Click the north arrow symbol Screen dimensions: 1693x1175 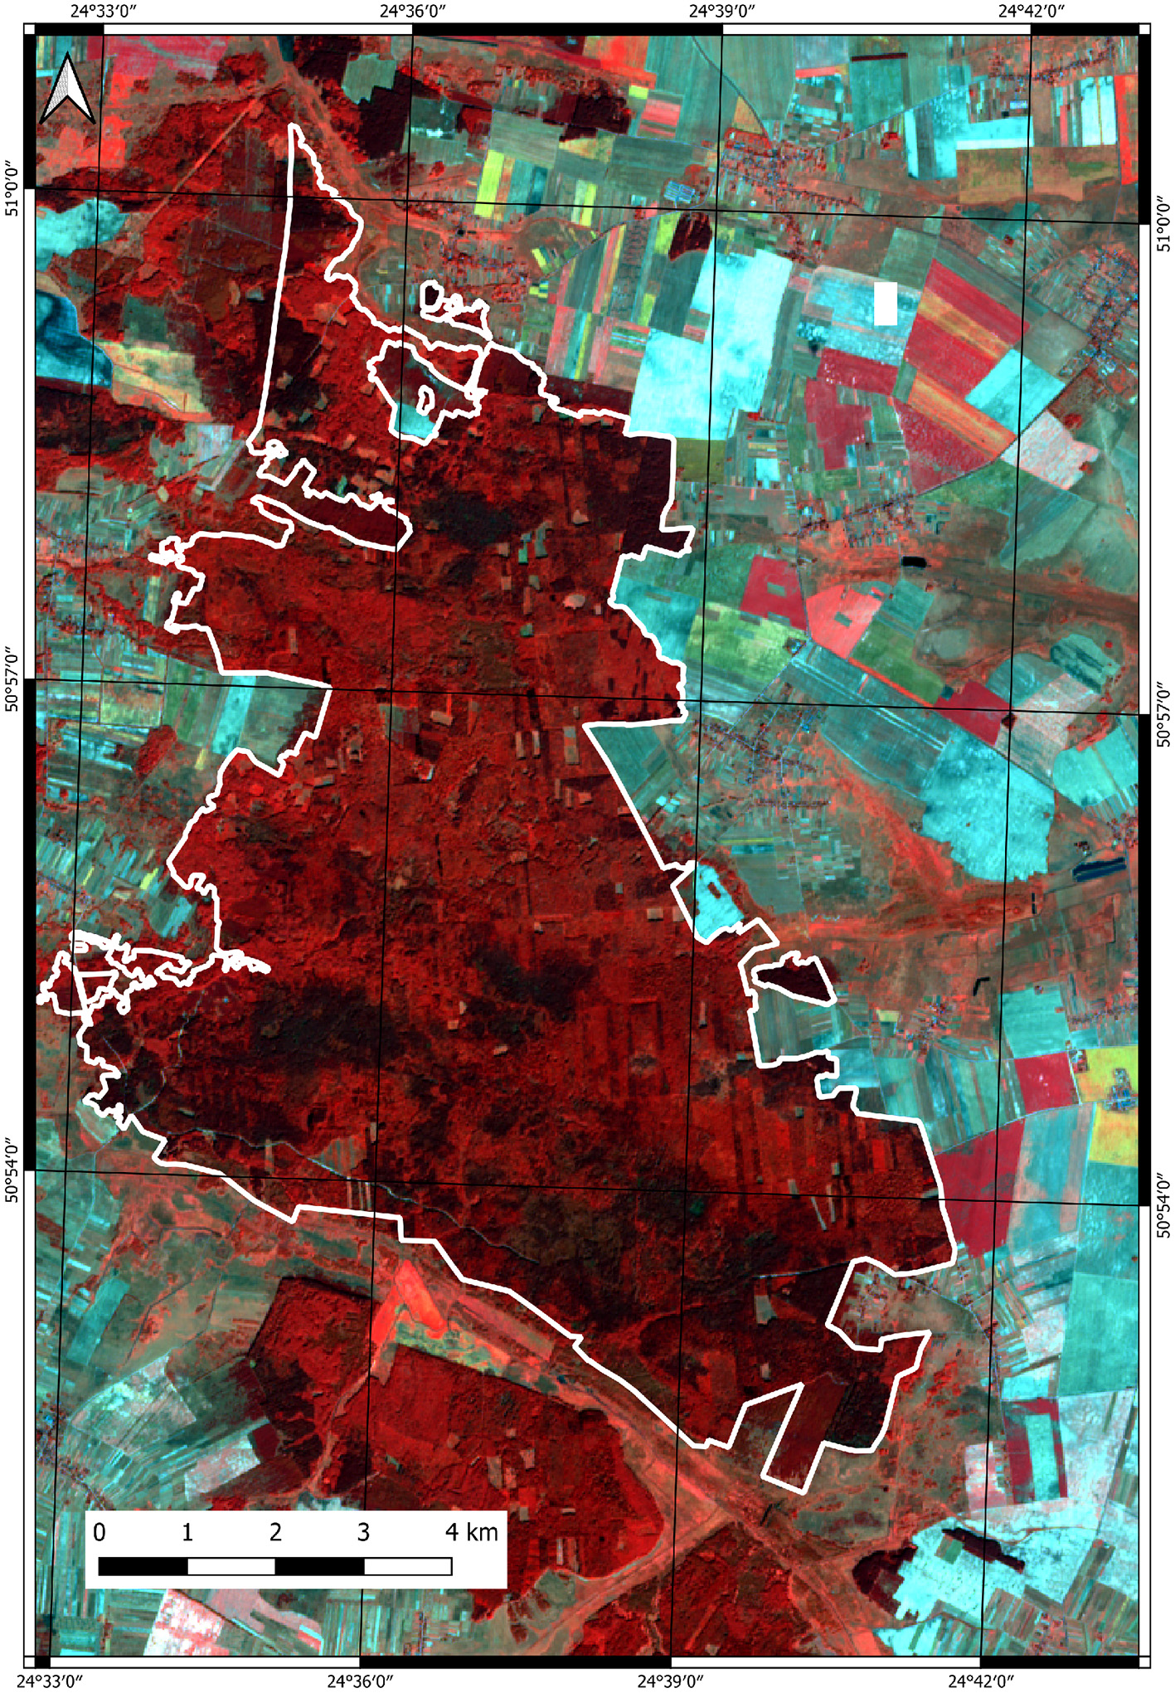pos(67,88)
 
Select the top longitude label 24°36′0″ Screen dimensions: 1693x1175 pos(413,11)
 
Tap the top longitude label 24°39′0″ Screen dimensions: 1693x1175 pos(722,11)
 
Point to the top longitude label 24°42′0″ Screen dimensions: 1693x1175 pos(1032,11)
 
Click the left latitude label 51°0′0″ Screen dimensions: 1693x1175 pos(12,189)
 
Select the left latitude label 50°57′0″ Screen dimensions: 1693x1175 pos(12,680)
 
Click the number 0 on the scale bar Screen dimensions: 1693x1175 pos(100,1531)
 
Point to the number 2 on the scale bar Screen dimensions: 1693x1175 pos(275,1531)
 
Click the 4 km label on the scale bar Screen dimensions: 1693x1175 pos(471,1531)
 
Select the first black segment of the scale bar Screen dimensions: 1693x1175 pos(143,1566)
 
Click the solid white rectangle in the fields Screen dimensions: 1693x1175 pos(886,303)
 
